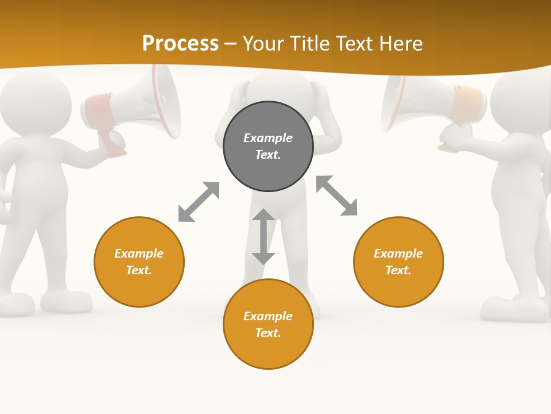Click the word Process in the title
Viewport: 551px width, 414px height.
click(x=180, y=44)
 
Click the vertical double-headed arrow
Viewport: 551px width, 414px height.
click(x=263, y=236)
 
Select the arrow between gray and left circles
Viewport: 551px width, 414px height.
click(x=199, y=202)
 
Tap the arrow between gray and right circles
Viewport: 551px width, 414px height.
click(x=336, y=195)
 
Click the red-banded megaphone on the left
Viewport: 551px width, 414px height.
click(x=138, y=103)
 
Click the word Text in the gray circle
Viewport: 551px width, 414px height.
click(x=267, y=155)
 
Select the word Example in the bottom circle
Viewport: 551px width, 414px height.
click(x=268, y=316)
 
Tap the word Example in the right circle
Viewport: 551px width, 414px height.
click(x=398, y=253)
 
